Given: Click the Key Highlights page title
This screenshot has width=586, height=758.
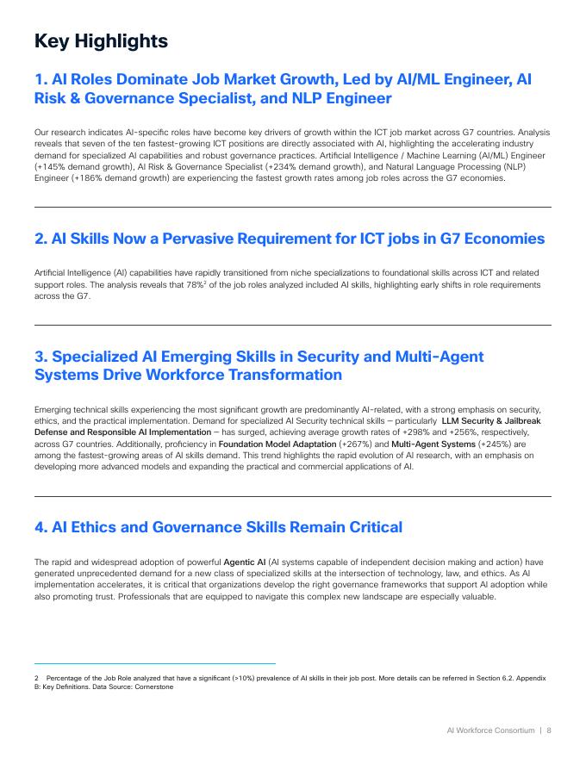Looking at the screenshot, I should point(101,40).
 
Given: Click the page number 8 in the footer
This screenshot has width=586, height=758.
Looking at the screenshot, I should point(549,730).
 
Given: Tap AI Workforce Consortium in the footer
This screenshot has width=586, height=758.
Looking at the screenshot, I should point(489,730).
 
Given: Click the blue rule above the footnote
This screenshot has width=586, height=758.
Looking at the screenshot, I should point(155,664).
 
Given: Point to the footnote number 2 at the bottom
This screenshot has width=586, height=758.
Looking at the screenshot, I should point(36,678).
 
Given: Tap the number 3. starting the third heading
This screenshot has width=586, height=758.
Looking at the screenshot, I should point(41,357).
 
